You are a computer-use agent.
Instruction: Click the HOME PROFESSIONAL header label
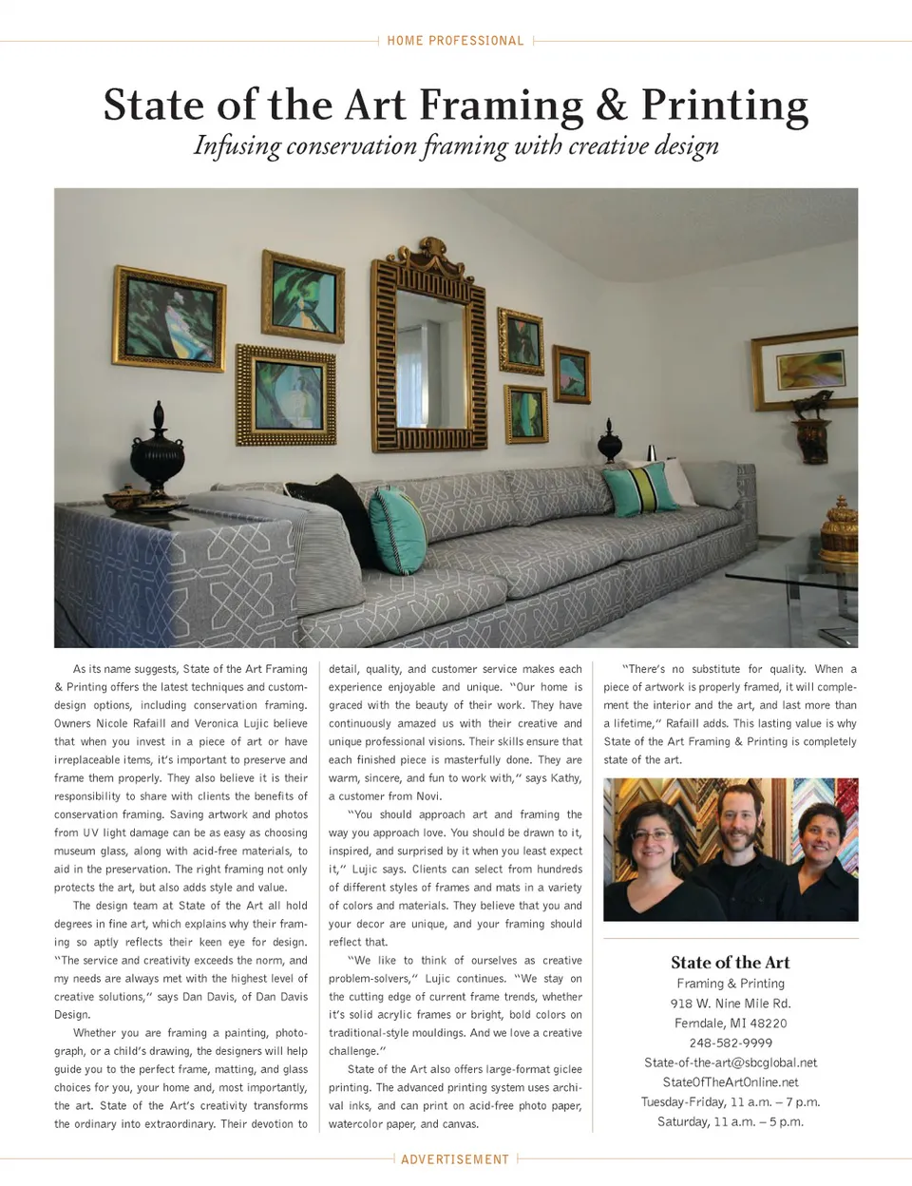[455, 41]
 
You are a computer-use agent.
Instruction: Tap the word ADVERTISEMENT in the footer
[455, 1159]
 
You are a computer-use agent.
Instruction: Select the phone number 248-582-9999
[731, 1043]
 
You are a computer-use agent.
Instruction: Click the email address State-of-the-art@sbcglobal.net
[731, 1062]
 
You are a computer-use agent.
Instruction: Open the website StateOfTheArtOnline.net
[731, 1082]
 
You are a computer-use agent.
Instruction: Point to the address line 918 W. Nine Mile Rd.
[731, 1004]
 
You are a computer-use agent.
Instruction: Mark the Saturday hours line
[731, 1122]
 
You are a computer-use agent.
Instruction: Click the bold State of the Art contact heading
[731, 963]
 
